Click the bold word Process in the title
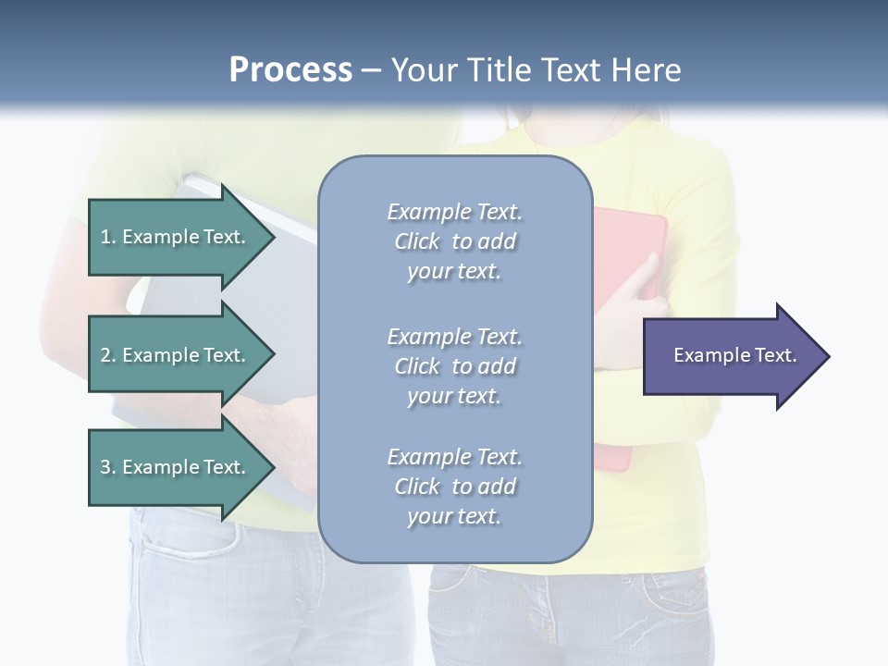tap(290, 70)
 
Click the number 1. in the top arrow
tap(108, 237)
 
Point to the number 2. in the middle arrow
tap(108, 355)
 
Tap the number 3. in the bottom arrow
tap(108, 467)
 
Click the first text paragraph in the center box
tap(454, 241)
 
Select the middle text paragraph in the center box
tap(454, 365)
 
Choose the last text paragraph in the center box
tap(454, 486)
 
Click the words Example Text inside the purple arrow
tap(734, 355)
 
